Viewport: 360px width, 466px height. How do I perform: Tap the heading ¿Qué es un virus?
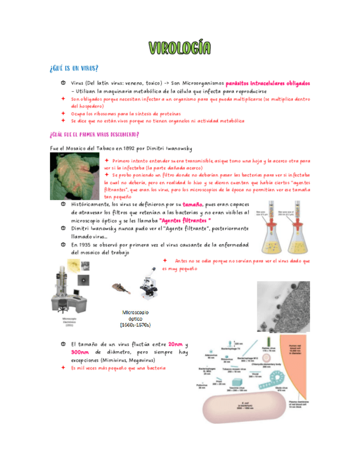pos(74,68)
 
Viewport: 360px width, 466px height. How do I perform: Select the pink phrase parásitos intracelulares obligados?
pos(268,82)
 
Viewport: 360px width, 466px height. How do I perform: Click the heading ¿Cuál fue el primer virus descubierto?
pos(94,134)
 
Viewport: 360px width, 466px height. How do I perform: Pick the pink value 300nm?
pos(80,352)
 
